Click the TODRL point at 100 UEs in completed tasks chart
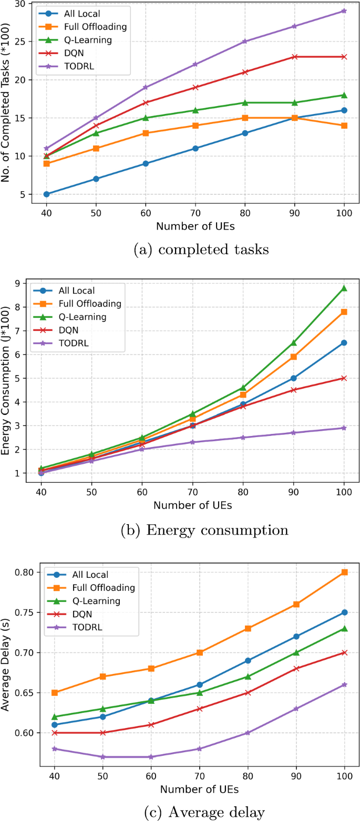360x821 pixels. [344, 11]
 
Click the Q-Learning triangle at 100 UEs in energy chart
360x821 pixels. [344, 288]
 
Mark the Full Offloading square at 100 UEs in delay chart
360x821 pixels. [344, 572]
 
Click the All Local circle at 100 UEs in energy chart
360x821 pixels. [344, 342]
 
